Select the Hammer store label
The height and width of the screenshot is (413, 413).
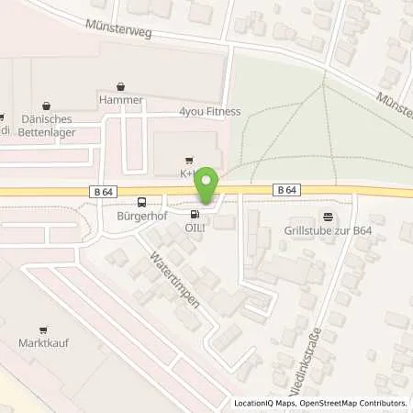coord(117,96)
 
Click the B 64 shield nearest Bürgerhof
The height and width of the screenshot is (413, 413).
coord(104,190)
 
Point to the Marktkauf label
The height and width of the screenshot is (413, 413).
coord(43,343)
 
